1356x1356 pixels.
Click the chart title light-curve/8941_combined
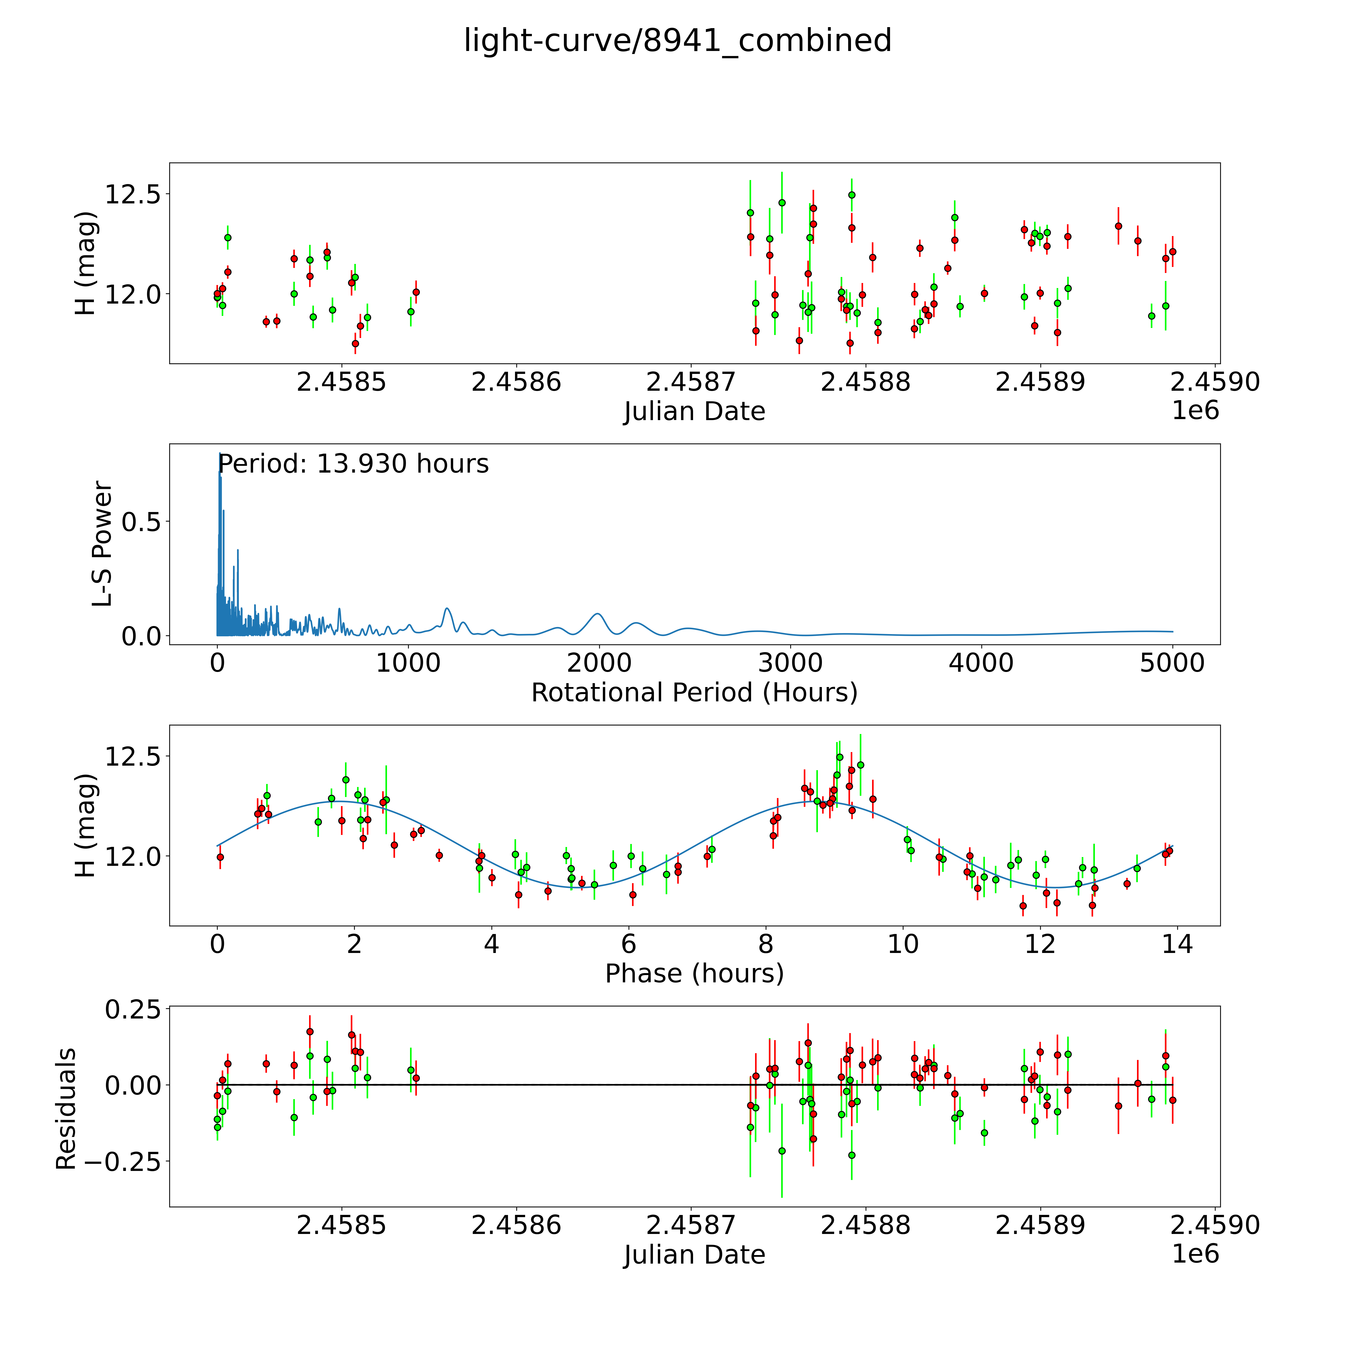[x=677, y=41]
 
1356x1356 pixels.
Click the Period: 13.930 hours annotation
[x=353, y=464]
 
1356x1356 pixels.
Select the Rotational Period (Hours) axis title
[x=694, y=693]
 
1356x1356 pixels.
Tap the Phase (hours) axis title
[x=694, y=974]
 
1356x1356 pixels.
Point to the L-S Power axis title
[x=102, y=544]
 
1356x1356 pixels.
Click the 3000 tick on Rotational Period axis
[x=790, y=663]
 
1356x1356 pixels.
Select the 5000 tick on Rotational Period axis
[x=1172, y=663]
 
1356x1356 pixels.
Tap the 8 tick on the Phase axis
[x=766, y=944]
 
